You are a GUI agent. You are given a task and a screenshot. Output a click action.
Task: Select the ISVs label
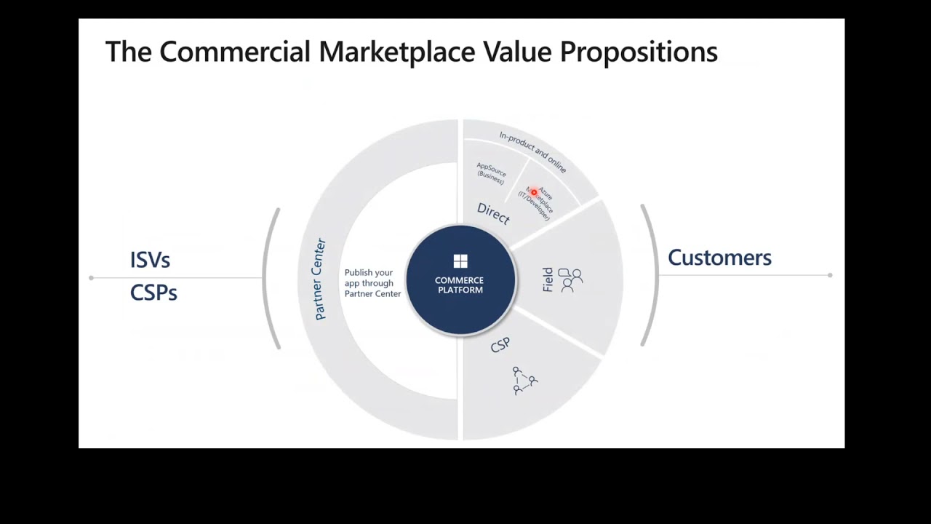coord(150,260)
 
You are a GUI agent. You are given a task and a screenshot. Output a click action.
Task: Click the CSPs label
coord(153,293)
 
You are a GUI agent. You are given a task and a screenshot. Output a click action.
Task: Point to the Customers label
coord(719,258)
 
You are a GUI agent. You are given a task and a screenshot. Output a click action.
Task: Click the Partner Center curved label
coord(319,279)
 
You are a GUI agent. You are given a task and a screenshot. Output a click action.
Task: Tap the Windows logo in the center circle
coord(460,261)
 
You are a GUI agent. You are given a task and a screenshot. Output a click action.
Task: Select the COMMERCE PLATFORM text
coord(459,285)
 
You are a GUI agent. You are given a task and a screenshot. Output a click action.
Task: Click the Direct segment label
coord(493,213)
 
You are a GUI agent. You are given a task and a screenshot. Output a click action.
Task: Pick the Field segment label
coord(548,280)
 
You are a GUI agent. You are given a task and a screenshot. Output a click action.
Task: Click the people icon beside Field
coord(570,280)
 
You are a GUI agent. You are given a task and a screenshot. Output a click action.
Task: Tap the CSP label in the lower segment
coord(500,345)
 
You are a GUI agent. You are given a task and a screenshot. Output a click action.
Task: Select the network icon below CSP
coord(524,381)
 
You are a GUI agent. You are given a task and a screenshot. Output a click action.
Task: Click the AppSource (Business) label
coord(491,173)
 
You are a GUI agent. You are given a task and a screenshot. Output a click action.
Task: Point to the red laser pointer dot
coord(534,193)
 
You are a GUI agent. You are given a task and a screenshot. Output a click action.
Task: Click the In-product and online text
coord(532,151)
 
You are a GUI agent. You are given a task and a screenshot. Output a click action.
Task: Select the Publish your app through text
coord(369,278)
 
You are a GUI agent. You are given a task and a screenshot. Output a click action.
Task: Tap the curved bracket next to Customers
coord(650,275)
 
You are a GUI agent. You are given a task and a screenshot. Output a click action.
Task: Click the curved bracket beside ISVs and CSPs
coord(271,278)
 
